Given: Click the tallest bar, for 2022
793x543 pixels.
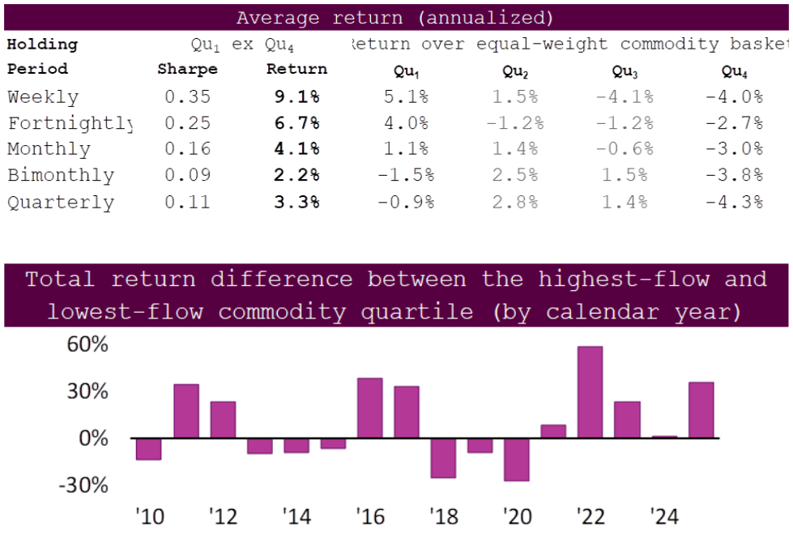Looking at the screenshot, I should [x=590, y=392].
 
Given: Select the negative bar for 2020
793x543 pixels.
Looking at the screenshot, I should [x=516, y=460].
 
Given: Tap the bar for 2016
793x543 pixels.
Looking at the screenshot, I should [x=369, y=408].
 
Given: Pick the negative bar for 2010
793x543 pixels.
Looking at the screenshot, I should [x=148, y=449].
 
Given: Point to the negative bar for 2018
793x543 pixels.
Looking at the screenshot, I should [x=443, y=458].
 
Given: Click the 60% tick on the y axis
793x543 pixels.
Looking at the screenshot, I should [x=87, y=345].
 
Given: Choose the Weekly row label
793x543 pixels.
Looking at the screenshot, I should [x=43, y=97].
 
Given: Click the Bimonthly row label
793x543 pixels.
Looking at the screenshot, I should [x=61, y=176].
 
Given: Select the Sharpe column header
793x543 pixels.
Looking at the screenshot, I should [x=187, y=70].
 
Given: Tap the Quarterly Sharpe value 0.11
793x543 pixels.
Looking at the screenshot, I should [x=187, y=203].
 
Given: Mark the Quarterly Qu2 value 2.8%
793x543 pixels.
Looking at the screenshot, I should [x=515, y=203].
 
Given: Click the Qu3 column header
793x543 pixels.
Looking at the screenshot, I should [x=625, y=72].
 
